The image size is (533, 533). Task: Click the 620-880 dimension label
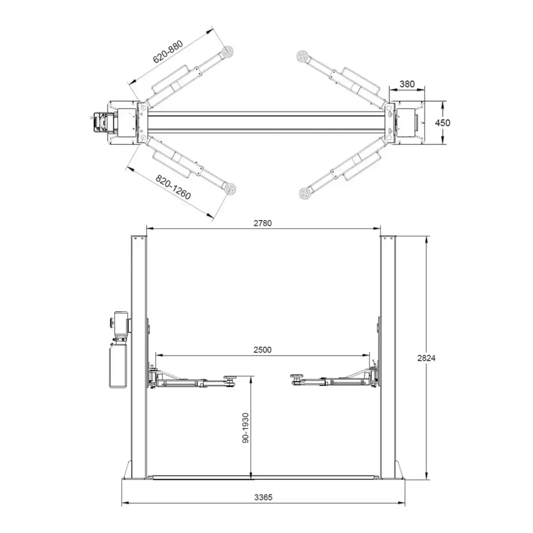(x=168, y=52)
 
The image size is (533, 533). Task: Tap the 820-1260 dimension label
(x=173, y=188)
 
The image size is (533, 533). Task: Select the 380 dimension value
(x=407, y=84)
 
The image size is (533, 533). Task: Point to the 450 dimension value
(x=442, y=123)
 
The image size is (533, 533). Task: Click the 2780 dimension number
(x=263, y=223)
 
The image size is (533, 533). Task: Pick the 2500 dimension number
(x=263, y=350)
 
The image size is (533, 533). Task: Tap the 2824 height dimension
(x=426, y=358)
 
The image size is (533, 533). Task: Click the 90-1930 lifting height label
(x=246, y=428)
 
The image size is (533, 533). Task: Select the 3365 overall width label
(x=263, y=497)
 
